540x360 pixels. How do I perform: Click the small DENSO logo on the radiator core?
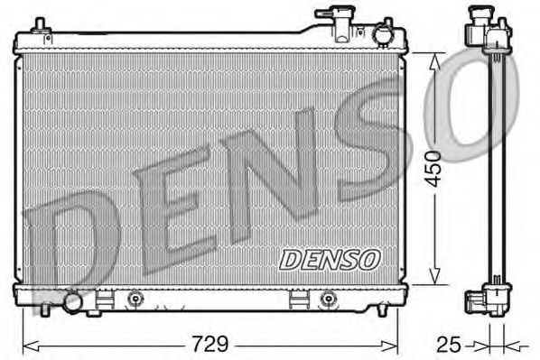[329, 259]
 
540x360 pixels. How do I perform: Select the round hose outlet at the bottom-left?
[70, 300]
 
